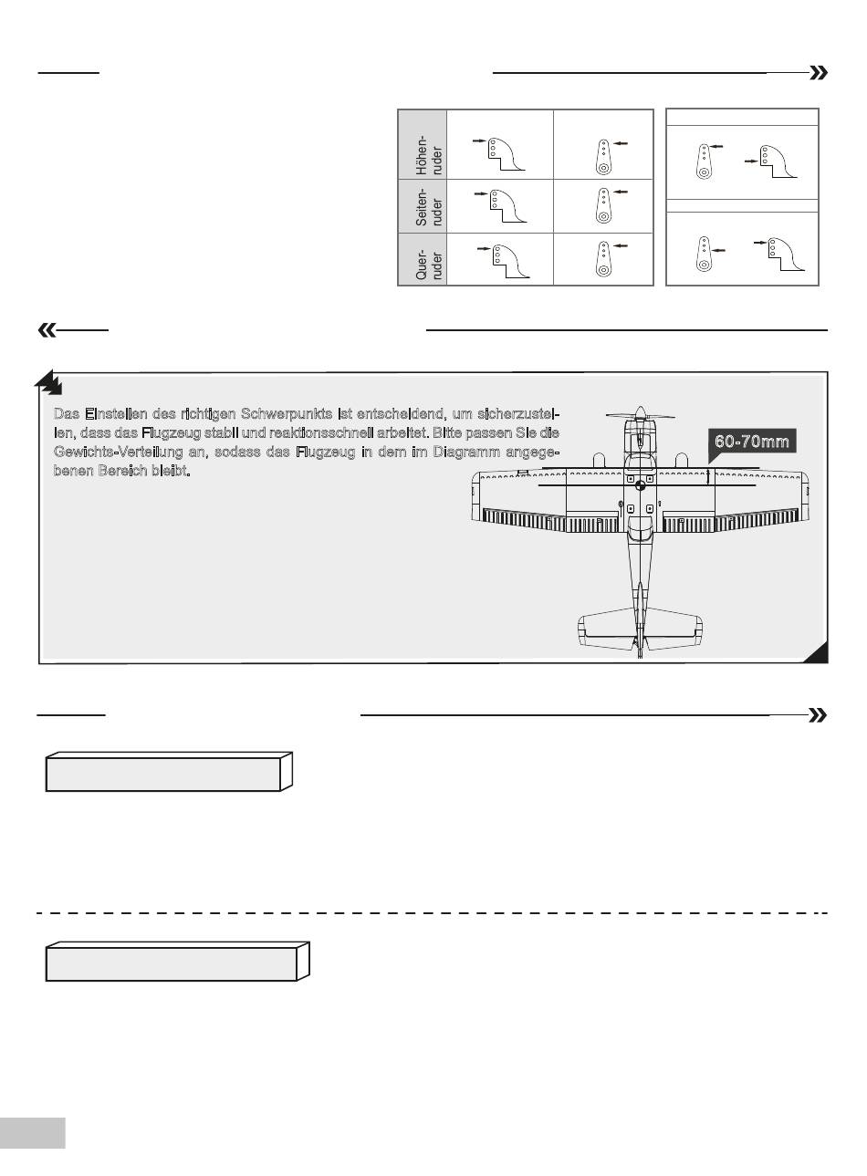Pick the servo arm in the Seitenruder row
[603, 205]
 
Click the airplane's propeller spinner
[640, 412]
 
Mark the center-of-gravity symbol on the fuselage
[640, 487]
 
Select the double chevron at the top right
[819, 74]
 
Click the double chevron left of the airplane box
[46, 330]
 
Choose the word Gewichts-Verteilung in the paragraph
[120, 453]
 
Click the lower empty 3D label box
[173, 963]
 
